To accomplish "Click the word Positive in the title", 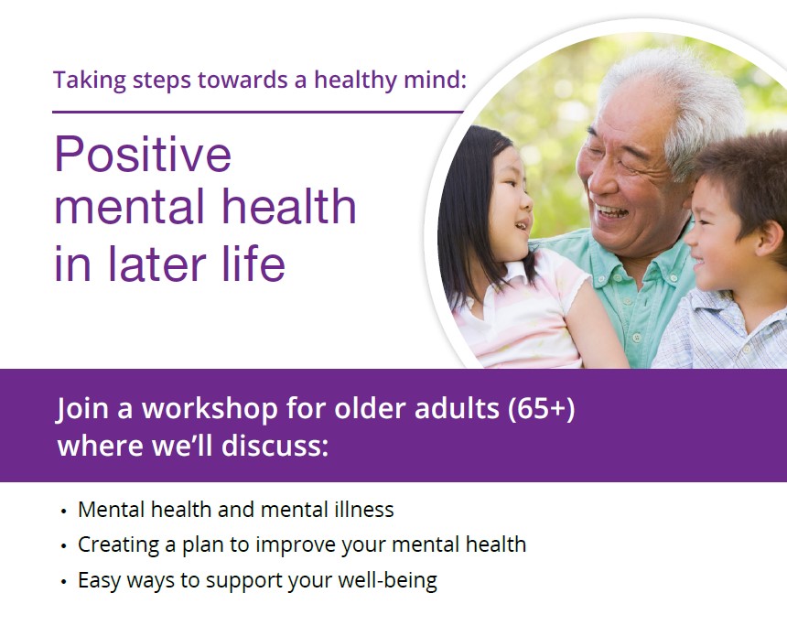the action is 143,154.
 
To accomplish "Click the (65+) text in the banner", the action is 541,409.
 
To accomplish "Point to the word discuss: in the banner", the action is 275,446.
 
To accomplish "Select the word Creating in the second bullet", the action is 118,545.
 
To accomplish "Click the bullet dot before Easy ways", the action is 63,582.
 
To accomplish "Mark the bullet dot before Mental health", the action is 63,512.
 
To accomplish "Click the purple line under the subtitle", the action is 257,112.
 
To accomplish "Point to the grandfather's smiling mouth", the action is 611,210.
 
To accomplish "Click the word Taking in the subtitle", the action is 90,81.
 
